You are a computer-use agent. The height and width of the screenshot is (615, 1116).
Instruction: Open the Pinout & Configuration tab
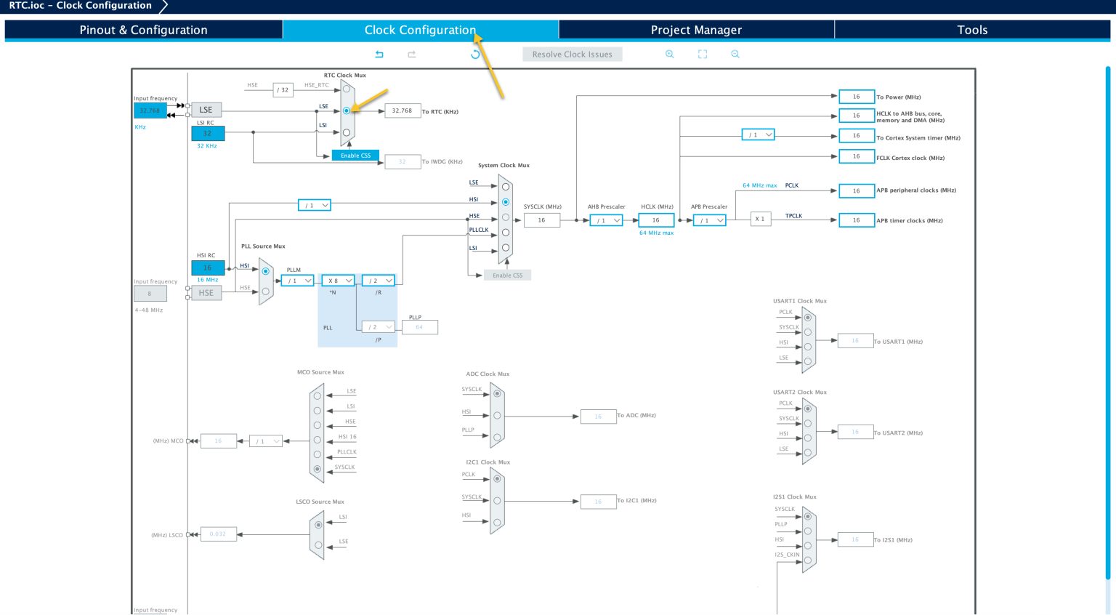click(143, 30)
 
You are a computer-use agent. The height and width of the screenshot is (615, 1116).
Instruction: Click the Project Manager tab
click(696, 30)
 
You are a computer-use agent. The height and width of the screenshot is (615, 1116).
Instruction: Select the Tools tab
click(971, 30)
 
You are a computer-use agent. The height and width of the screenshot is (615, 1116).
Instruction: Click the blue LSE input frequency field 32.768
click(150, 110)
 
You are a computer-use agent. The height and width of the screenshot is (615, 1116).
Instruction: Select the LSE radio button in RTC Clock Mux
click(347, 110)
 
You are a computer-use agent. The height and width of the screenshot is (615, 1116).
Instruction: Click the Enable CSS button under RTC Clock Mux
click(355, 156)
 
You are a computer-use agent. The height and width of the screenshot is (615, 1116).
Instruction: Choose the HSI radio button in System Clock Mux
click(506, 202)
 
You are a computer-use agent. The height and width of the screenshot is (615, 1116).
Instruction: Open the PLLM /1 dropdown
click(298, 281)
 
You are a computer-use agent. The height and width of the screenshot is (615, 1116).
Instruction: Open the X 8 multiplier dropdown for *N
click(339, 281)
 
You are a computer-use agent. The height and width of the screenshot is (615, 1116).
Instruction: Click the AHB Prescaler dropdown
click(606, 220)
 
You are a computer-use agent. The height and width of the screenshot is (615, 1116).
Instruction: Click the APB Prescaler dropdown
click(709, 220)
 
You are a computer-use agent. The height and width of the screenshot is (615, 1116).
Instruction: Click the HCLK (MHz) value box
click(656, 220)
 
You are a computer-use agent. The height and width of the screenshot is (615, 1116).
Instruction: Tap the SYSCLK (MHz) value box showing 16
click(541, 220)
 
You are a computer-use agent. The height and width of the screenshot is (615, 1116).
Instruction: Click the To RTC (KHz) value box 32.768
click(402, 111)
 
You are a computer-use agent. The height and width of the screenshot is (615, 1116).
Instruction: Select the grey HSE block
click(206, 293)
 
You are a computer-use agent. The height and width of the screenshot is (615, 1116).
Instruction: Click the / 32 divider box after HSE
click(283, 90)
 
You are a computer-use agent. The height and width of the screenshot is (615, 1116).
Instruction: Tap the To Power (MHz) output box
click(856, 97)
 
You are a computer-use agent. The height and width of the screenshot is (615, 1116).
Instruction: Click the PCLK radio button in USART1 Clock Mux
click(808, 318)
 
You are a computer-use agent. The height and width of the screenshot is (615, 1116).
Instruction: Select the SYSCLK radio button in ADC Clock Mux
click(497, 394)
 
